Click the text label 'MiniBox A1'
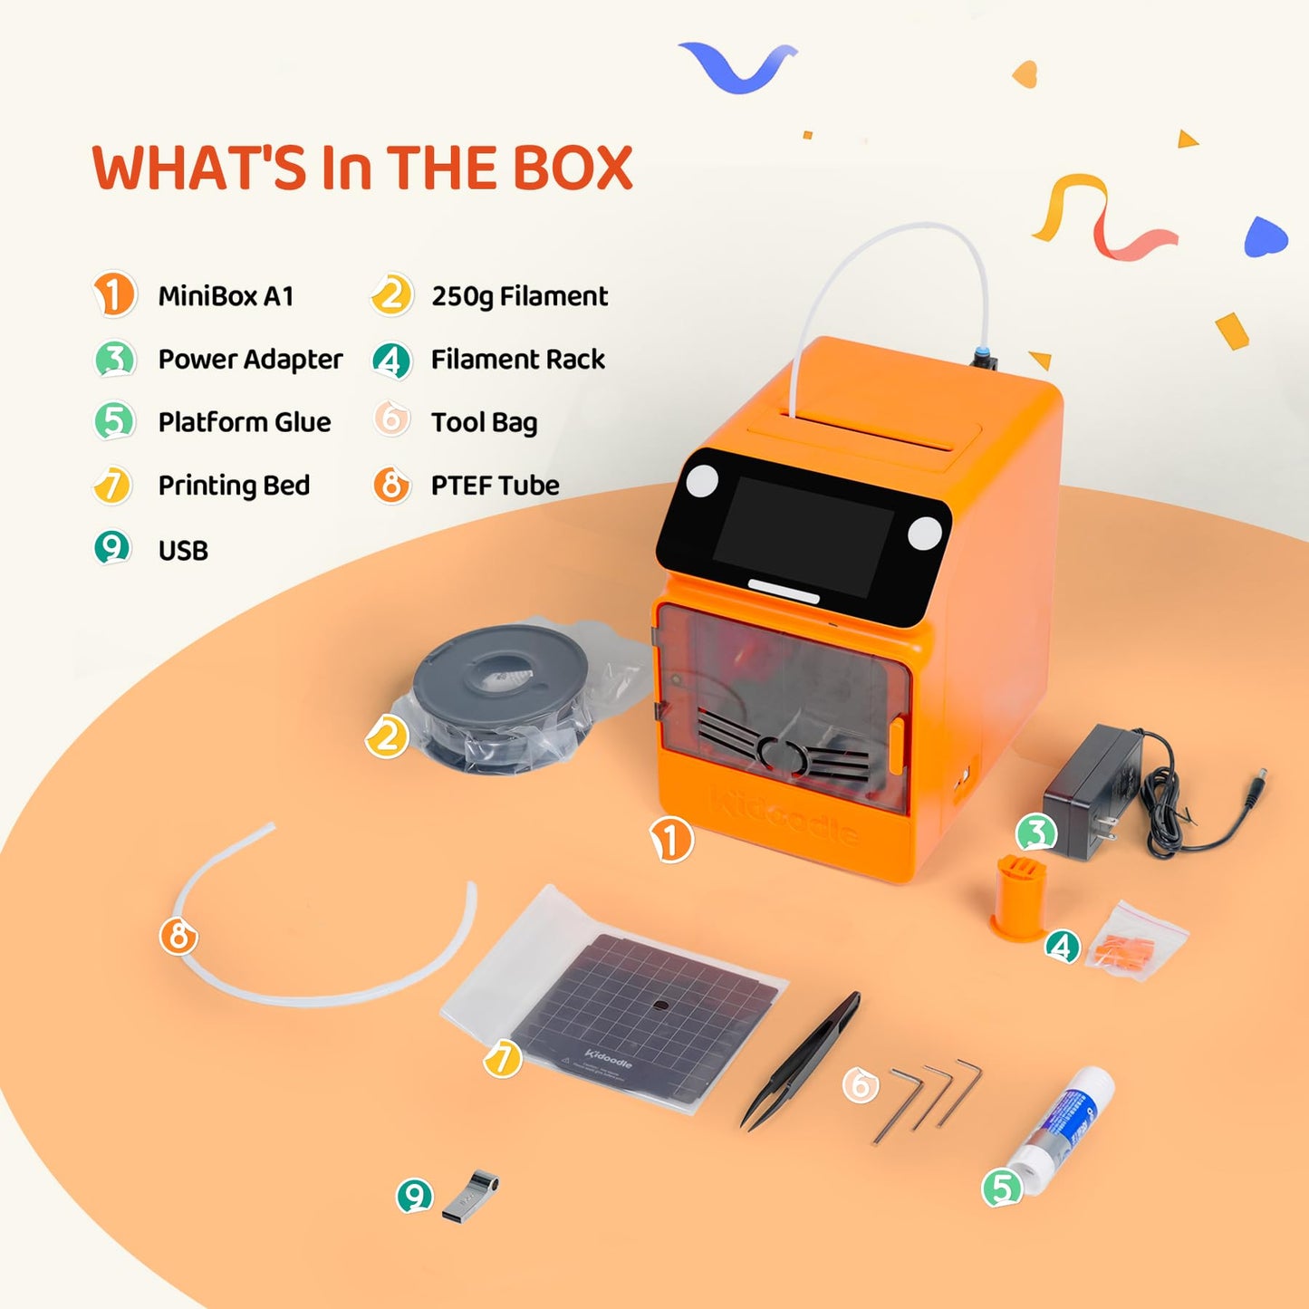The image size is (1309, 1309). click(226, 296)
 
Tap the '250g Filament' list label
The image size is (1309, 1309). click(519, 296)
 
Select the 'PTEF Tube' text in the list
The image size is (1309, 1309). click(495, 486)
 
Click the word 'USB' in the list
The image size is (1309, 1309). click(183, 551)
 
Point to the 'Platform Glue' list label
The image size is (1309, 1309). click(245, 422)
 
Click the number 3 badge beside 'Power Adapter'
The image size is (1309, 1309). click(115, 359)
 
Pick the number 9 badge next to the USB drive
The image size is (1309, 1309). click(415, 1196)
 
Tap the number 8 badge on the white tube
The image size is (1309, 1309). click(178, 936)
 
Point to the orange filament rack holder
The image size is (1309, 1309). click(1020, 897)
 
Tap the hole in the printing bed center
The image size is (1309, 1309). click(660, 1006)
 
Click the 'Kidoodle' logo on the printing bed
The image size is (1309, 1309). click(609, 1057)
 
